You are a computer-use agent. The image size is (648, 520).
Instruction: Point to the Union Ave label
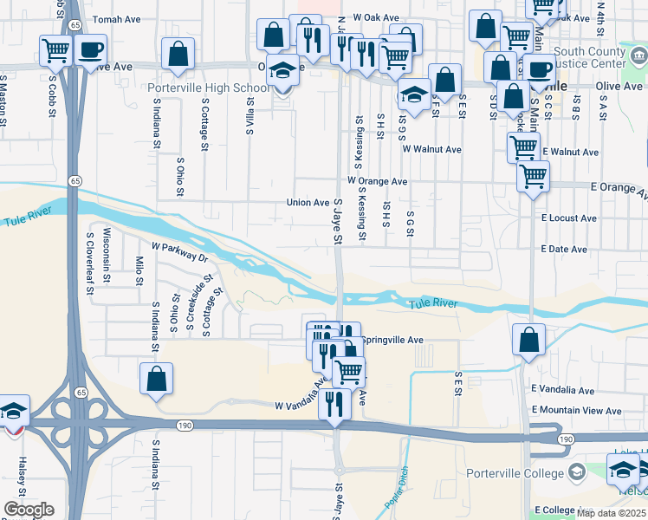(x=308, y=203)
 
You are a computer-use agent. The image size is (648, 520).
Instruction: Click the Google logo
(x=29, y=509)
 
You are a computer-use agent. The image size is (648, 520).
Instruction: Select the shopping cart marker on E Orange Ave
(x=533, y=178)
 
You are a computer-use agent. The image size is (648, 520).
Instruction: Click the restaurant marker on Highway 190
(x=333, y=405)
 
